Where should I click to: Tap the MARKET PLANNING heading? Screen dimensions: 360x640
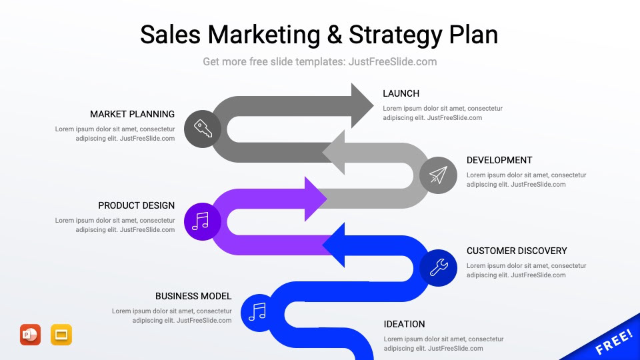click(132, 114)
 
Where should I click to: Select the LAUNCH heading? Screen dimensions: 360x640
click(401, 93)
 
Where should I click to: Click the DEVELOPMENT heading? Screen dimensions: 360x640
click(499, 160)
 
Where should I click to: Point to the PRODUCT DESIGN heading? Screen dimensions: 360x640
click(136, 205)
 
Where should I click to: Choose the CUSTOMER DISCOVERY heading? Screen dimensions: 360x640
click(517, 251)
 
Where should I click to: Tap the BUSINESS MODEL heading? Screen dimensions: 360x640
click(193, 296)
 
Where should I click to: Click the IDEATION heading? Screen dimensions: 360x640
click(404, 324)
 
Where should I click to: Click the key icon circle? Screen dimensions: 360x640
click(203, 129)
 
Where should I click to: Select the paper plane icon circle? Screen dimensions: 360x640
click(438, 175)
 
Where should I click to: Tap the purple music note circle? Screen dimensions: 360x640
click(201, 221)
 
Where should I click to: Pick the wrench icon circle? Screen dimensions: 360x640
click(438, 267)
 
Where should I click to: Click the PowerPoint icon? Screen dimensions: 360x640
click(30, 335)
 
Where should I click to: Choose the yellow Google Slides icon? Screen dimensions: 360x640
click(61, 335)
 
